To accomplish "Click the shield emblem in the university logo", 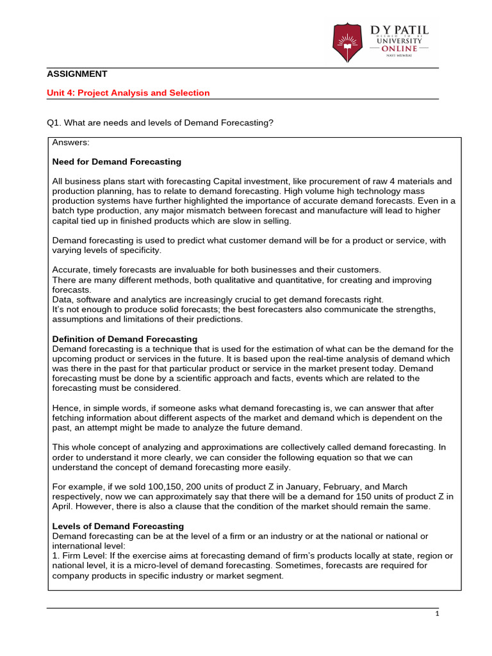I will tap(347, 42).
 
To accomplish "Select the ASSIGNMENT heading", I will tap(76, 74).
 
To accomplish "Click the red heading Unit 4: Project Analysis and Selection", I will tap(128, 93).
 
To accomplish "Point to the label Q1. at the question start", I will tap(54, 122).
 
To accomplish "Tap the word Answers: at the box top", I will tap(71, 142).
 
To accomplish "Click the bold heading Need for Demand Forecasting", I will tap(117, 161).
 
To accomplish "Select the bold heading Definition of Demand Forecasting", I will tap(124, 339).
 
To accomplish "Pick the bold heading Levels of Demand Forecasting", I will tap(118, 526).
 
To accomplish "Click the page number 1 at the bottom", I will tap(436, 613).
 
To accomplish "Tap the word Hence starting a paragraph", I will tap(64, 408).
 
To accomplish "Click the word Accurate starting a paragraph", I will tap(70, 270).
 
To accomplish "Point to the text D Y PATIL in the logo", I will tap(400, 30).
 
